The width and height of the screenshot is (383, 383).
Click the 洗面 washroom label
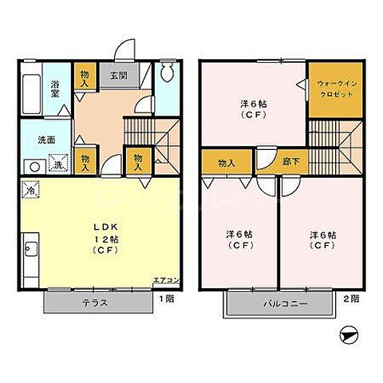pos(46,140)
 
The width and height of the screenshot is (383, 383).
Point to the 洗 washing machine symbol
pos(57,165)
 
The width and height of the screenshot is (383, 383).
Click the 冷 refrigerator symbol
pos(30,191)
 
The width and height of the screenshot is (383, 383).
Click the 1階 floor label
pos(166,298)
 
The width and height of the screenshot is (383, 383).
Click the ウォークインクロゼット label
pos(334,89)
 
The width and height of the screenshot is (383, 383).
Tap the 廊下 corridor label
pos(291,163)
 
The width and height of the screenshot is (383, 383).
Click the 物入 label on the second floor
pos(227,163)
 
